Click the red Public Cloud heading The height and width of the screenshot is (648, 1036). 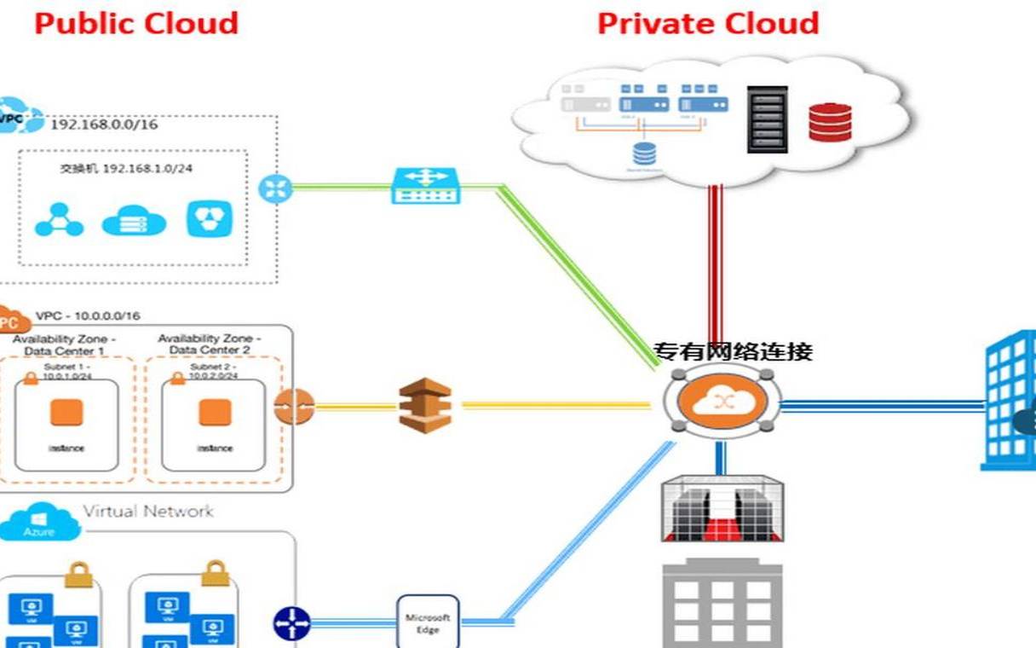click(x=136, y=23)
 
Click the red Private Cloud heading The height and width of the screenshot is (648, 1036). click(x=708, y=23)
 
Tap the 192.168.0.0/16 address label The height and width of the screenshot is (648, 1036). click(x=104, y=124)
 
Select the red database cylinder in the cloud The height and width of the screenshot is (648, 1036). click(x=831, y=121)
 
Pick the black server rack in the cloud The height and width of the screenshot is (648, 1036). click(x=767, y=119)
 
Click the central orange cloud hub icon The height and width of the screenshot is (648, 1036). click(x=721, y=402)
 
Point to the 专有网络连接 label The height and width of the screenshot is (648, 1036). click(x=733, y=351)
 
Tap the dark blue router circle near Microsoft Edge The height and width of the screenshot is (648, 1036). click(x=291, y=623)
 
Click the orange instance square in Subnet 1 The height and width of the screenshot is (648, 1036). click(x=66, y=413)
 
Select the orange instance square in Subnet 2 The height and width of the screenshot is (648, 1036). click(x=215, y=413)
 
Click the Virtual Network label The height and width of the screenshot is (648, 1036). click(x=148, y=512)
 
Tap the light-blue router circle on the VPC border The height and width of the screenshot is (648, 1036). click(x=275, y=188)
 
